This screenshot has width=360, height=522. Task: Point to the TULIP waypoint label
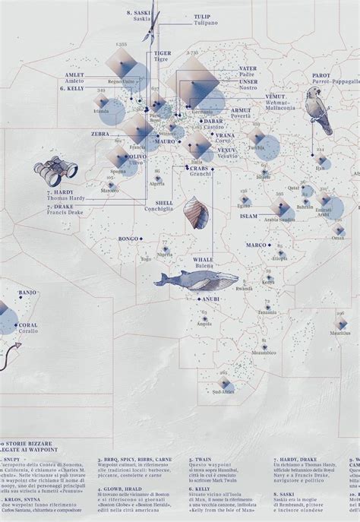pos(202,16)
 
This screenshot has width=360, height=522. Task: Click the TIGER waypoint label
pos(161,53)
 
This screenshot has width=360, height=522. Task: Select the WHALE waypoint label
pos(203,259)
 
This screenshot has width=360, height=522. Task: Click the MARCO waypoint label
pos(256,245)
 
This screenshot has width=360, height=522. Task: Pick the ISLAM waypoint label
pos(249,216)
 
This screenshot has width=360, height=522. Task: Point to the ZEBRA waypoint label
pos(100,133)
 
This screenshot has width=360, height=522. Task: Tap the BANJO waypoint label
pos(27,293)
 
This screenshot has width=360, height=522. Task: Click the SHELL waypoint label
pos(164,203)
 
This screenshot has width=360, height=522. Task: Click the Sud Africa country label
pos(223,391)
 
